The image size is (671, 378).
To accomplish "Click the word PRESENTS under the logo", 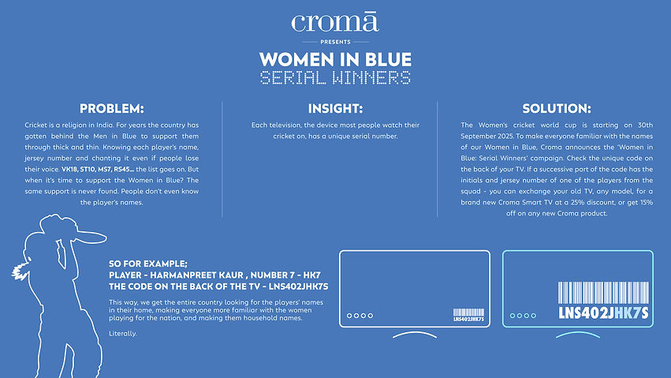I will point(335,41).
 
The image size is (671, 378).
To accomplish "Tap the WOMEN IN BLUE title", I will point(335,60).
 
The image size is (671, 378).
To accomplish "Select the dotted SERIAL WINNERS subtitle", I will point(335,77).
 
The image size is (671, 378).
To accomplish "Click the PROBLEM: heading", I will point(112,108).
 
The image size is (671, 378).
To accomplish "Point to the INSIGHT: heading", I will point(335,108).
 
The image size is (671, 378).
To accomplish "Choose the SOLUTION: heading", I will point(557,108).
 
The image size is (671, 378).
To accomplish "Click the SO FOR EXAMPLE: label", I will point(149,263).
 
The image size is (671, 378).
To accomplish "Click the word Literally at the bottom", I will point(122,333).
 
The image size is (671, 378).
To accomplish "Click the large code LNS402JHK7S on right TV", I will point(603,313).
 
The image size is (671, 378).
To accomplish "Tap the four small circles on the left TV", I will point(360,316).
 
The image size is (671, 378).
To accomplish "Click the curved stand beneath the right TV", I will point(578,335).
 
